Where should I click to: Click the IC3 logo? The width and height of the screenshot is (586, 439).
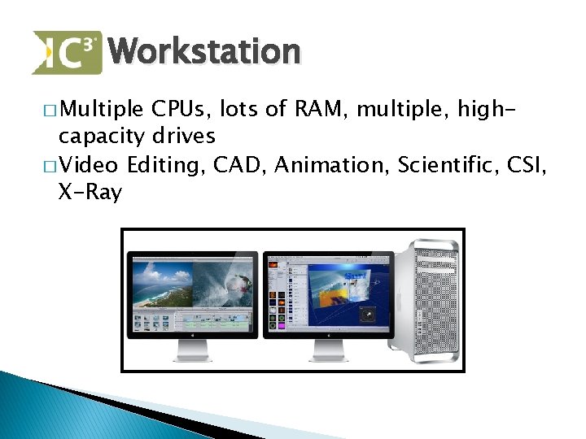click(x=67, y=52)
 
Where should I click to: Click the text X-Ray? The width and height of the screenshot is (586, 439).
click(x=90, y=193)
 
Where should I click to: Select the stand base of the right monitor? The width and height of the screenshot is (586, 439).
click(x=328, y=358)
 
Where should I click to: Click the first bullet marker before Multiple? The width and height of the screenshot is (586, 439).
click(x=51, y=110)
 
